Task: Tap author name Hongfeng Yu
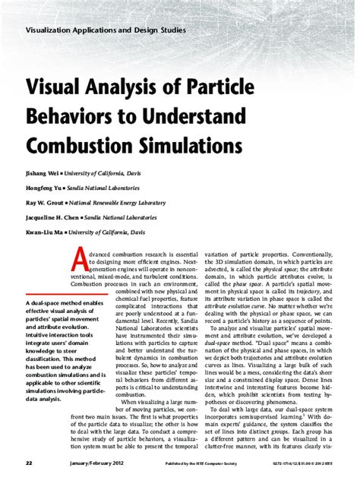click(45, 188)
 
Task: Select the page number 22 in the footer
click(27, 462)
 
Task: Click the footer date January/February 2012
click(80, 462)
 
